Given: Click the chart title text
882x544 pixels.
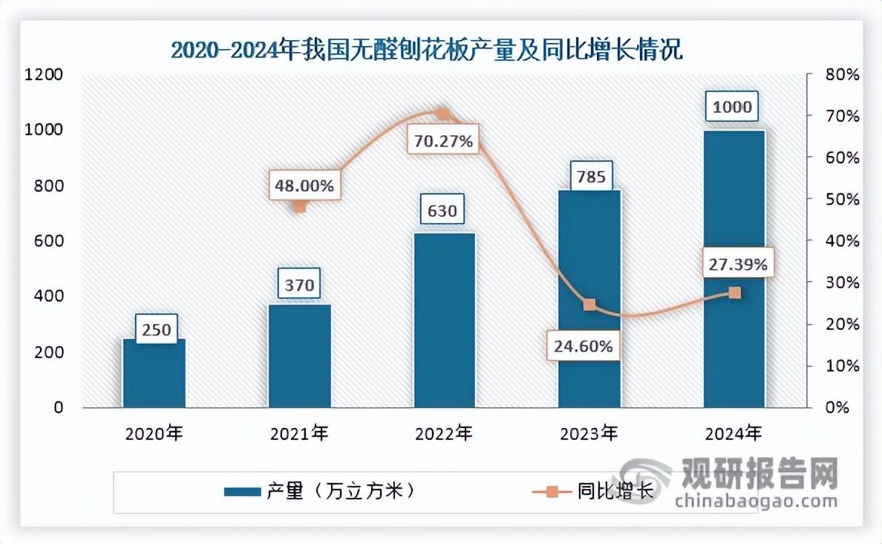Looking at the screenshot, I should (x=427, y=51).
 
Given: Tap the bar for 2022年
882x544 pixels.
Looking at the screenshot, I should (x=444, y=320).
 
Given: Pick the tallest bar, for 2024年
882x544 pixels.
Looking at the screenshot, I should (x=734, y=268).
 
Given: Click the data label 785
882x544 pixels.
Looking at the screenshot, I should (x=590, y=177).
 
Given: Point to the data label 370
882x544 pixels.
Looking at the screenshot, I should (x=299, y=284).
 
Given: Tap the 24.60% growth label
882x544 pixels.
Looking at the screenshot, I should (x=583, y=346).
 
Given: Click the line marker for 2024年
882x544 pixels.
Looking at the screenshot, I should (x=734, y=293).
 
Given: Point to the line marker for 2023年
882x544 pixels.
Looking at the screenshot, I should (x=589, y=305).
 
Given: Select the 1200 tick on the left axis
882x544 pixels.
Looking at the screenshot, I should (x=47, y=75).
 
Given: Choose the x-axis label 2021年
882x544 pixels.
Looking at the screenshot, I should (x=298, y=432).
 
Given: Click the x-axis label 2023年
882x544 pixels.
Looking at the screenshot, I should (x=589, y=432).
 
